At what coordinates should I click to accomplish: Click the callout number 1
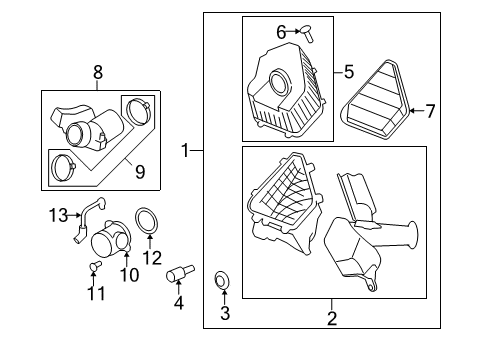coord(185,151)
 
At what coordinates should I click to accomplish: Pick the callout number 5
coord(349,71)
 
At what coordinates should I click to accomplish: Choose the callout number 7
coord(431,111)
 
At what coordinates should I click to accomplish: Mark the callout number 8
coord(97,73)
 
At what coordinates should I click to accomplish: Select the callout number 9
coord(139,172)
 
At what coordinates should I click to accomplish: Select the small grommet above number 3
coord(222,279)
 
